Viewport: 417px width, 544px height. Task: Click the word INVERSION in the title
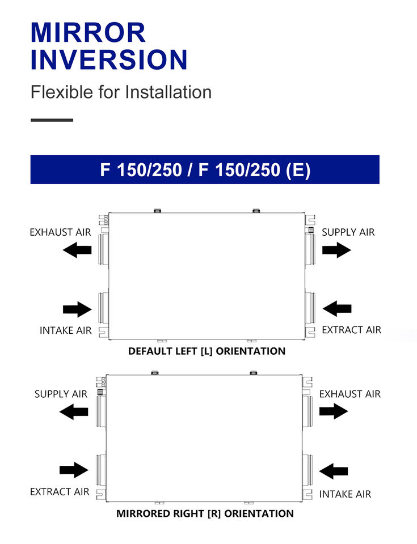coord(108,59)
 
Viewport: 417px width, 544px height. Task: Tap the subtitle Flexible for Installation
coord(121,92)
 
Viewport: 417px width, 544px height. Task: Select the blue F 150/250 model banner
coord(205,169)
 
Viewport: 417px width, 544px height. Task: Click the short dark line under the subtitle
coord(52,120)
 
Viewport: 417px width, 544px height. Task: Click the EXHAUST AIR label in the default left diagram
coord(60,232)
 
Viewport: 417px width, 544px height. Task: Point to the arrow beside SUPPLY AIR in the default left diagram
coord(336,249)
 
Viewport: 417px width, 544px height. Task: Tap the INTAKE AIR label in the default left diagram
coord(65,330)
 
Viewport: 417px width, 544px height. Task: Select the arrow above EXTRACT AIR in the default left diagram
coord(337,309)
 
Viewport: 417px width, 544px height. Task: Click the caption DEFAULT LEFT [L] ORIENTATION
coord(207,351)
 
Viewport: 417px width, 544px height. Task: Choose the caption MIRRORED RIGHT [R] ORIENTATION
coord(205,514)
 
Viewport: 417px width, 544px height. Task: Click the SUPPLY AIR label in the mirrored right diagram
coord(61,394)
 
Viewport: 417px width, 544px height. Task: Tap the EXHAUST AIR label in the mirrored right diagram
coord(349,394)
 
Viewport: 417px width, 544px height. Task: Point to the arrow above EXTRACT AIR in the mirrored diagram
coord(74,470)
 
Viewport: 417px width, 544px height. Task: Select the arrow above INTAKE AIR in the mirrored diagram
coord(334,470)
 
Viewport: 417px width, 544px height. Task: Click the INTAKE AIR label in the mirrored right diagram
coord(345,494)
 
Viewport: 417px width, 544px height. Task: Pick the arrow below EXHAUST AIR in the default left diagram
coord(77,249)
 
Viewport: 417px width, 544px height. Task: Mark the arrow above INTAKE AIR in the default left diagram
coord(77,309)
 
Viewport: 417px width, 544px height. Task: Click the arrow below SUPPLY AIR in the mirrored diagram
coord(74,411)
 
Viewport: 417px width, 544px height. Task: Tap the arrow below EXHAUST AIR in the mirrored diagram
coord(334,411)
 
